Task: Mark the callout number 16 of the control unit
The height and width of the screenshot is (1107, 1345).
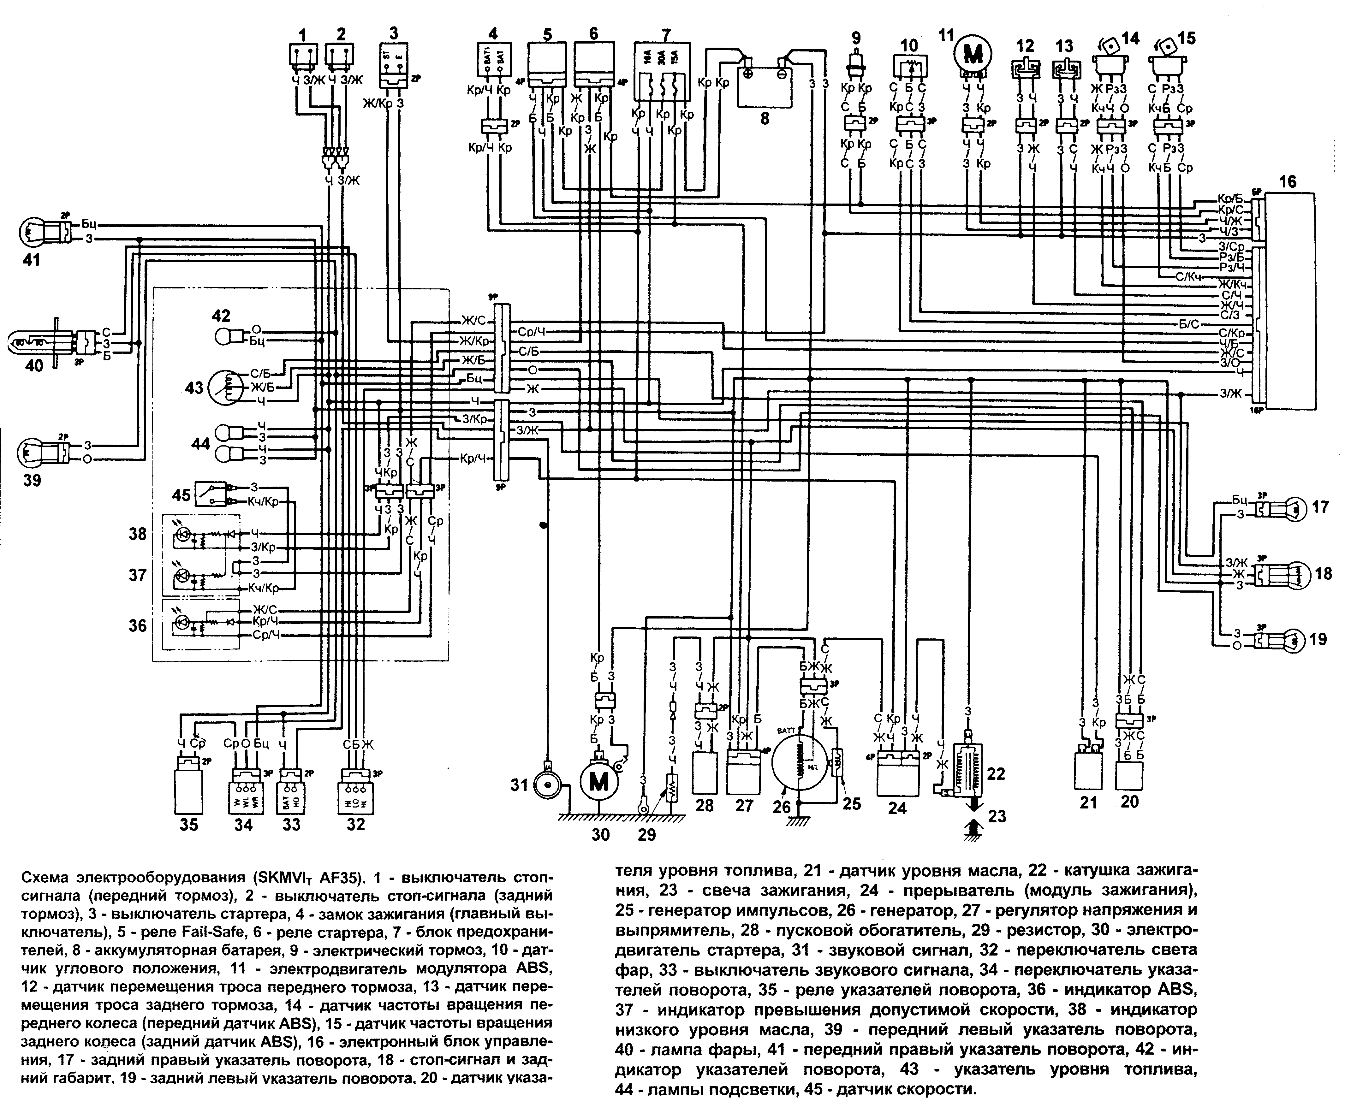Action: pos(1287,182)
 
